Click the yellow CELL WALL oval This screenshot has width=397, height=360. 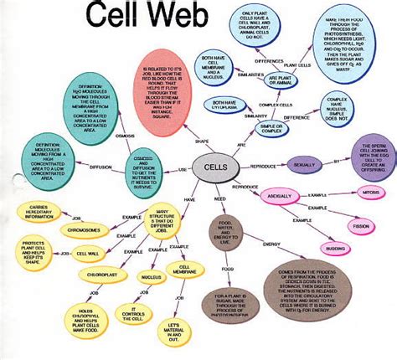tap(86, 253)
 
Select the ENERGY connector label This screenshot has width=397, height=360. tap(271, 245)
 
